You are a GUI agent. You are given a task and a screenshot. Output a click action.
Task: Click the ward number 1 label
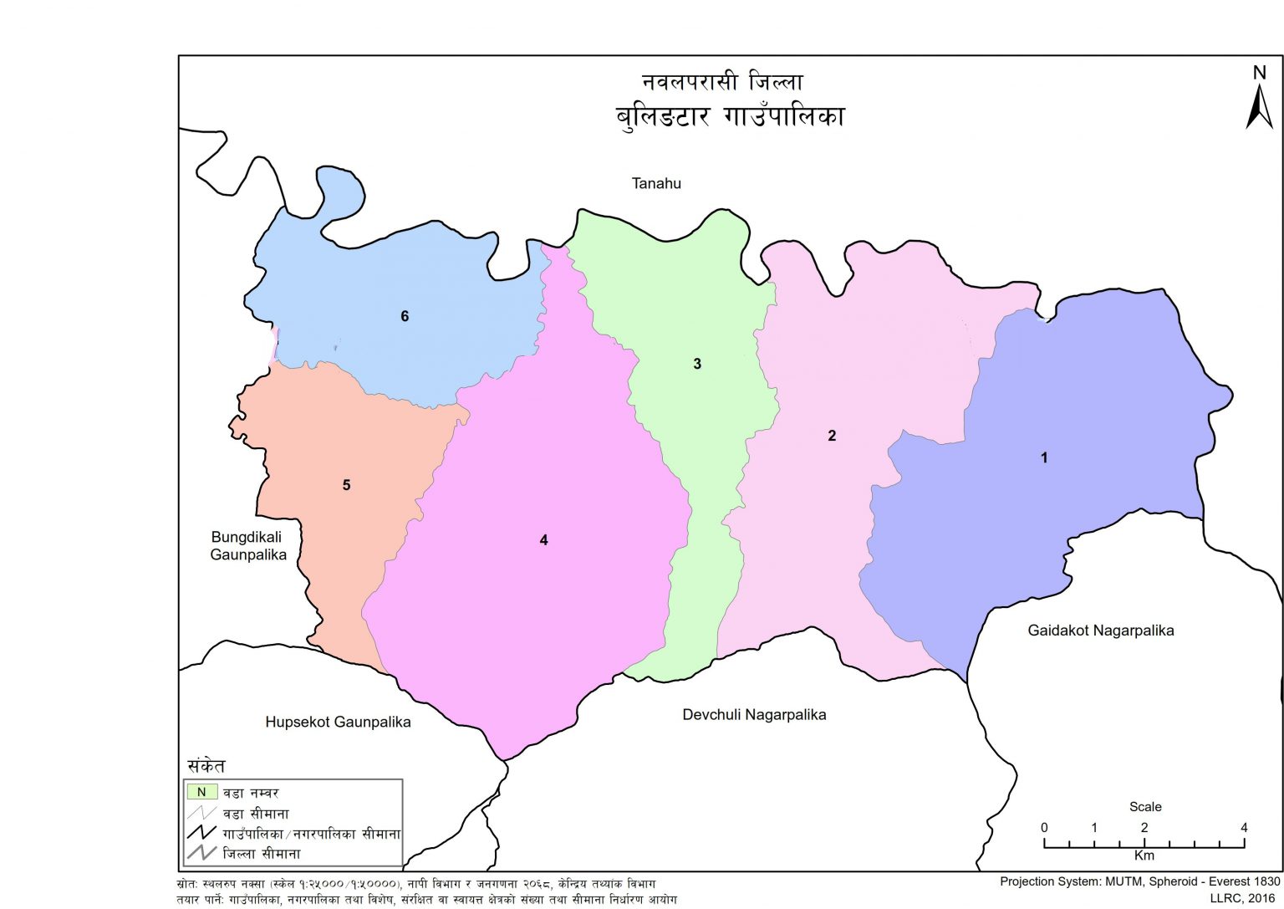click(1043, 457)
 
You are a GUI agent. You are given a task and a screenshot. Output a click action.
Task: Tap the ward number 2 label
click(832, 436)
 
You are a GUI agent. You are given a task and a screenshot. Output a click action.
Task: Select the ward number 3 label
click(697, 364)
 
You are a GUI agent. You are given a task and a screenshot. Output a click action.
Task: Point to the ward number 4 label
click(543, 540)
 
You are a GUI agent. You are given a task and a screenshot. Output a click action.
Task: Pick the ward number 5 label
click(346, 485)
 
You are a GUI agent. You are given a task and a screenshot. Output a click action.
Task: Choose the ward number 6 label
click(405, 316)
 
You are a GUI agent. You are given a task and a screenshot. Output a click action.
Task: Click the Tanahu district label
click(656, 183)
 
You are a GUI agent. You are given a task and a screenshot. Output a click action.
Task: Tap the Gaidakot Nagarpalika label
click(1100, 631)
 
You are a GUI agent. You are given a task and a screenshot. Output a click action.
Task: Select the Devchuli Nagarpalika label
click(754, 714)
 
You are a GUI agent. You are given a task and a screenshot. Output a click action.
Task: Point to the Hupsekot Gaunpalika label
click(338, 722)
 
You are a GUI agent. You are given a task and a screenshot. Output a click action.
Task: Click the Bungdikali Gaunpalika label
click(248, 546)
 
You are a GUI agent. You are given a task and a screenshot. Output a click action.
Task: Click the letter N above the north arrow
click(1260, 73)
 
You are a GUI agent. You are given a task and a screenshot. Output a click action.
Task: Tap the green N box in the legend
click(201, 792)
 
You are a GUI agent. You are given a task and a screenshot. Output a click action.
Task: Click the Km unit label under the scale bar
click(1144, 855)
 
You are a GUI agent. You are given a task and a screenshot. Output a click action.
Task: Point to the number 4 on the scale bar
click(1244, 828)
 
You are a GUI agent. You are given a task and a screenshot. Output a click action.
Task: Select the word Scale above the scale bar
click(1145, 807)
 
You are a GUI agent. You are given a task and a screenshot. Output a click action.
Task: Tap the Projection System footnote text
click(1139, 881)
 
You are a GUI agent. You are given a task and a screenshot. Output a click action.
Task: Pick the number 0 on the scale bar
click(1044, 828)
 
